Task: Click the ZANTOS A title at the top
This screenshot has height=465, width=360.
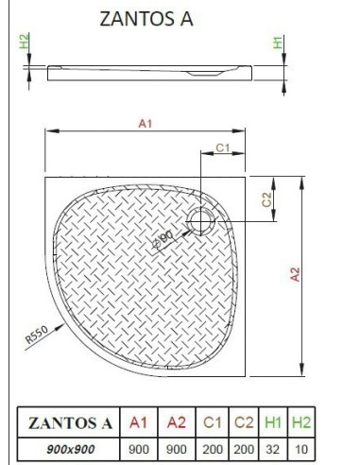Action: tap(146, 19)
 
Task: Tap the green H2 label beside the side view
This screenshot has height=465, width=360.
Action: tap(24, 41)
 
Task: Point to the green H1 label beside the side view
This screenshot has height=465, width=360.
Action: tap(278, 43)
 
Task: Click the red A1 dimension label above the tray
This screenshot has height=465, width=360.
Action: tap(146, 124)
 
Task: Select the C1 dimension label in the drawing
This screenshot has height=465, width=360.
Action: tap(223, 147)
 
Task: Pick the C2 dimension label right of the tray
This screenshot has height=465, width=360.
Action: tap(266, 199)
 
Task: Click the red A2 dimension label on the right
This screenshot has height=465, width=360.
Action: tap(295, 274)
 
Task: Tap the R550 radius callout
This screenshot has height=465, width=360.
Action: tap(37, 335)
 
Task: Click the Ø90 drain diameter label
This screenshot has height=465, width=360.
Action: tap(163, 239)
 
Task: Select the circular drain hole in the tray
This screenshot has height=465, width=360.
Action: tap(200, 221)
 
